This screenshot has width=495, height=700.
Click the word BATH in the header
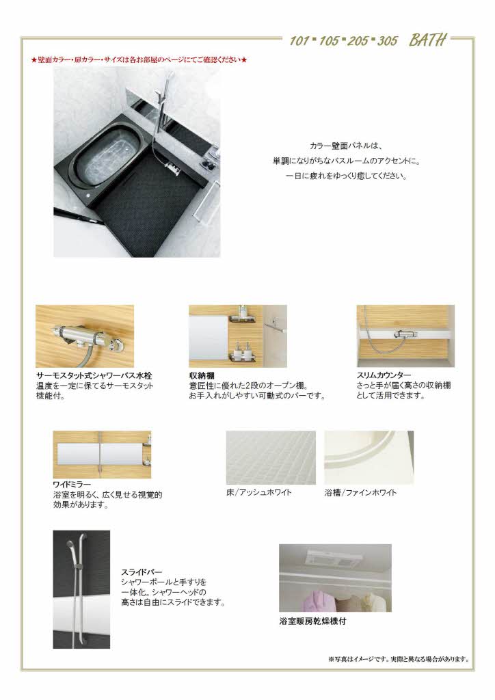coord(428,40)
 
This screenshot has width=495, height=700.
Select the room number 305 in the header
coord(386,41)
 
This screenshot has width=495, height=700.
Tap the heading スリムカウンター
coord(384,376)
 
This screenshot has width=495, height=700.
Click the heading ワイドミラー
coord(73,485)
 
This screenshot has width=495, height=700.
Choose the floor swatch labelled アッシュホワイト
coord(271,457)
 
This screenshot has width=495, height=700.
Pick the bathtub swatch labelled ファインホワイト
coord(369,457)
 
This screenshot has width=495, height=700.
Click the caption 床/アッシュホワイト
coord(259,492)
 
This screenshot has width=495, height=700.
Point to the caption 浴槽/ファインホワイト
coord(360,492)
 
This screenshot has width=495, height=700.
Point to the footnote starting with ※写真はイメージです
coord(399,660)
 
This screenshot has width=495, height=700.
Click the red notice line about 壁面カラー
coord(139,60)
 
